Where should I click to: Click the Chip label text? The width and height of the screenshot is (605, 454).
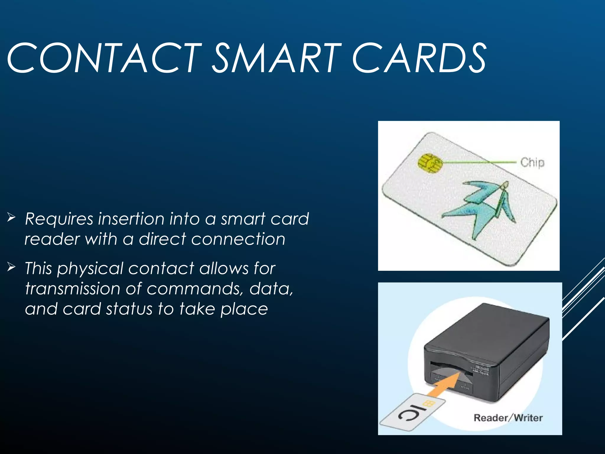tap(532, 163)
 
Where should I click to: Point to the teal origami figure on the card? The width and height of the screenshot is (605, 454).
tap(484, 207)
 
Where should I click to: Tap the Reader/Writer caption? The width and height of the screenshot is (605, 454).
tap(508, 418)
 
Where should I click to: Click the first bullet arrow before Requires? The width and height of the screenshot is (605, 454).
tap(11, 218)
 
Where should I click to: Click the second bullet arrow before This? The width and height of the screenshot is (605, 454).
tap(11, 267)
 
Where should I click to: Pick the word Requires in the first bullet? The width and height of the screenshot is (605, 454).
tap(59, 219)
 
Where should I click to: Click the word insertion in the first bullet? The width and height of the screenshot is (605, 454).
tap(131, 219)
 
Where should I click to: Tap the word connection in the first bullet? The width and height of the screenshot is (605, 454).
tap(238, 239)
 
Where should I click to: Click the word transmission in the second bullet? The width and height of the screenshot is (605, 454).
tap(73, 288)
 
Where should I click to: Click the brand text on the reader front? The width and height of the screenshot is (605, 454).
tap(482, 369)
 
